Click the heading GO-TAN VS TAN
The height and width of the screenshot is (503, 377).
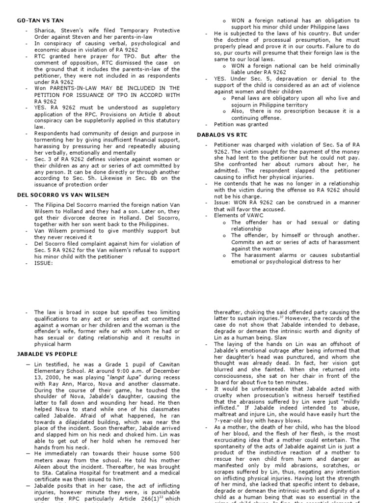coord(35,21)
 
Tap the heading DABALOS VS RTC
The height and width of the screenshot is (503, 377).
coord(222,134)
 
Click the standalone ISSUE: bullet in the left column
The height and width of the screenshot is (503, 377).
coord(44,262)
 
